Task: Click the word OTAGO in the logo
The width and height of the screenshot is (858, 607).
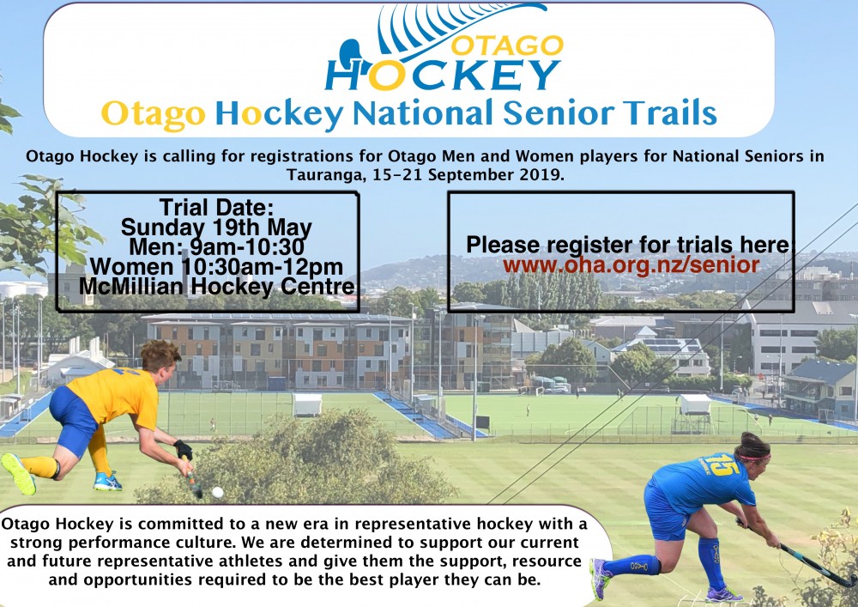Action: tap(507, 46)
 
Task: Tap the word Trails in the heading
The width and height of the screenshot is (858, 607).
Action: tap(672, 113)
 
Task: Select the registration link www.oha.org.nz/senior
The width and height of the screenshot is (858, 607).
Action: tap(631, 265)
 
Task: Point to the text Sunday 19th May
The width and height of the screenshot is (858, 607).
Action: tap(216, 227)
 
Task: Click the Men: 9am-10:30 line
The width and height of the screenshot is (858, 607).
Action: tap(216, 246)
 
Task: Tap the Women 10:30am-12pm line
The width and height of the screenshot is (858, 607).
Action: tap(216, 266)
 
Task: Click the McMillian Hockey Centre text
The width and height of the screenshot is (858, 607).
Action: tap(217, 286)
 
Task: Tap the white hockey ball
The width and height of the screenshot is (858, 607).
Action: tap(217, 492)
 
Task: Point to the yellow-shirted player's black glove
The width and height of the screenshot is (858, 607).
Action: tap(184, 449)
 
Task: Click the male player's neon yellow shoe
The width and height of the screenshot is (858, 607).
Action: tap(19, 473)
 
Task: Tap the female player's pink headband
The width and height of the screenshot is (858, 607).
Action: tap(755, 457)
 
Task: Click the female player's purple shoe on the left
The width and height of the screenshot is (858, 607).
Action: tap(601, 578)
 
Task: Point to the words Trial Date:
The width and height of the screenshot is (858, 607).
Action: tap(216, 208)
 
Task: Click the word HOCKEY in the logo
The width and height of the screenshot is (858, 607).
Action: tap(444, 75)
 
